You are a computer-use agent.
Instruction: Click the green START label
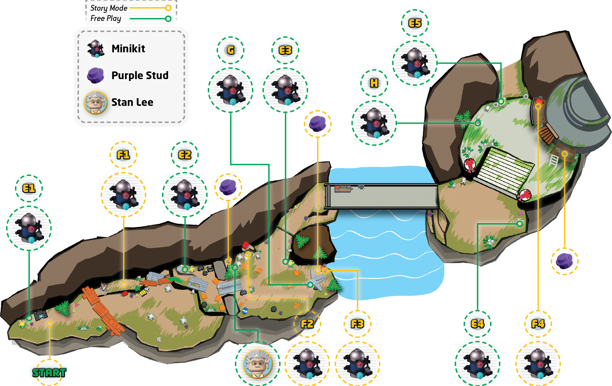tap(49, 373)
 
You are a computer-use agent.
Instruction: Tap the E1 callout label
tap(29, 188)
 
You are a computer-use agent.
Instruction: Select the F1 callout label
tap(123, 155)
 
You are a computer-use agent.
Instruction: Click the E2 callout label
tap(185, 155)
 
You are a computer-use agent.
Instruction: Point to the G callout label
tap(231, 50)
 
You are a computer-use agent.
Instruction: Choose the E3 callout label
tap(285, 50)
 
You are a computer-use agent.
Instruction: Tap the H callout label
tap(374, 83)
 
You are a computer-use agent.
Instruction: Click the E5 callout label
tap(415, 23)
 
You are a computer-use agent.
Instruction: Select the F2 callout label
tap(307, 324)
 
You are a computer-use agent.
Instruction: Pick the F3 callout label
tap(357, 324)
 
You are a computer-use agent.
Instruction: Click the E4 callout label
tap(477, 324)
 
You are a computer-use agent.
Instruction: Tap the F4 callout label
tap(538, 324)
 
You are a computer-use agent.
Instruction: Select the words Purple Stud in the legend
tap(140, 75)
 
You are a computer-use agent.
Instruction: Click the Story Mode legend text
tap(109, 8)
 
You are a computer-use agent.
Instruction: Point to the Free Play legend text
tap(106, 18)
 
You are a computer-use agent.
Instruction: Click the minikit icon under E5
tap(415, 63)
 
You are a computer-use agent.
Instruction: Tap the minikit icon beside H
tap(374, 123)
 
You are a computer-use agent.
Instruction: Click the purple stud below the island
tap(565, 261)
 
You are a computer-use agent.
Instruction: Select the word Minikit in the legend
tap(128, 49)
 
